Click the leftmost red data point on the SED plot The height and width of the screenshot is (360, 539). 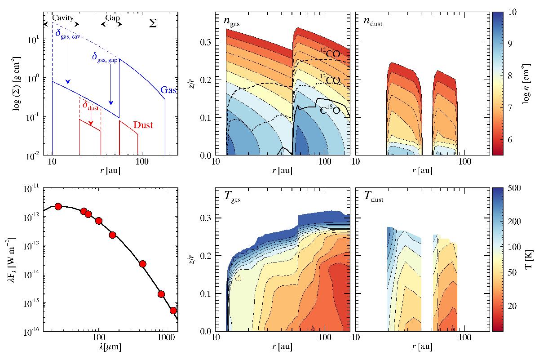pyautogui.click(x=58, y=206)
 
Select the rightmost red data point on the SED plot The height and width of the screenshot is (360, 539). pyautogui.click(x=173, y=311)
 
